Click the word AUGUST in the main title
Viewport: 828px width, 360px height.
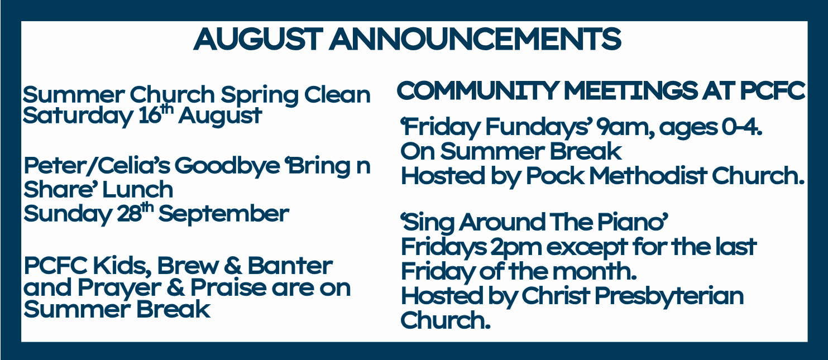coord(258,39)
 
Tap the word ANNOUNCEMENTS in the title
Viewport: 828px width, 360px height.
coord(475,39)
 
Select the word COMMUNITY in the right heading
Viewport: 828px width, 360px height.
coord(477,90)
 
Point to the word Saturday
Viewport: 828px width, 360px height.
coord(77,116)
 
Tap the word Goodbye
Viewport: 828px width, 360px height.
coord(227,166)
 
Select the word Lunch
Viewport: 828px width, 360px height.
coord(137,190)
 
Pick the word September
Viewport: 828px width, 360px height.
coord(224,214)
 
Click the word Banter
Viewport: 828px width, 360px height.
coord(290,266)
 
